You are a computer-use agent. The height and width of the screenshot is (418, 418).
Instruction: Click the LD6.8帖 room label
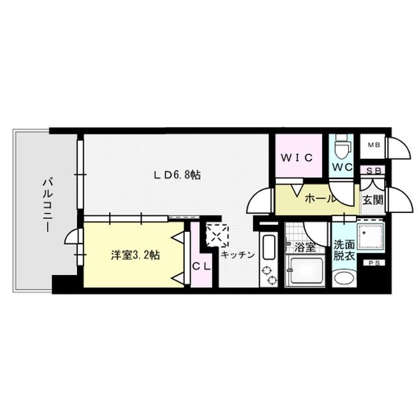click(177, 175)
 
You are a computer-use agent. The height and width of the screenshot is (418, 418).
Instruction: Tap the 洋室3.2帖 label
click(135, 255)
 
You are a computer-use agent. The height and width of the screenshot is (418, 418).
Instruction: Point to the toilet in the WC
click(341, 148)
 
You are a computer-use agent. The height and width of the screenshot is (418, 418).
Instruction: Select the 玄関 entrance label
click(373, 198)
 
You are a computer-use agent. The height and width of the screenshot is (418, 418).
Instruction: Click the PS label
click(374, 263)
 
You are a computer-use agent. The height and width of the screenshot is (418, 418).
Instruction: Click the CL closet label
click(201, 266)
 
